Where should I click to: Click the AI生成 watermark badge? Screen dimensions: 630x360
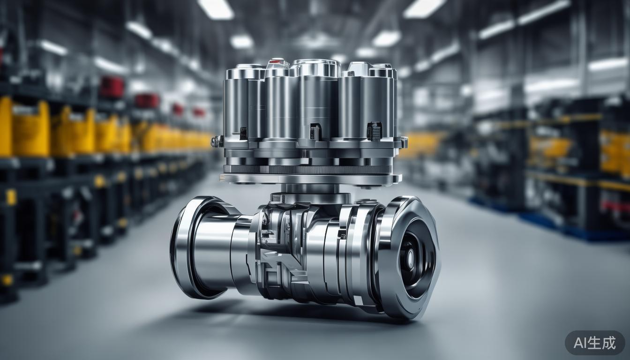[x=594, y=343]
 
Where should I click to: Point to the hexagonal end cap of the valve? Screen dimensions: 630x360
[x=408, y=258]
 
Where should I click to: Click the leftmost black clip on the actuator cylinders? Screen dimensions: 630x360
[x=244, y=133]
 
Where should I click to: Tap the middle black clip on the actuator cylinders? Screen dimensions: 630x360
[x=315, y=131]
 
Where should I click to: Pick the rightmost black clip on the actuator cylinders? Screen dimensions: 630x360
[x=375, y=130]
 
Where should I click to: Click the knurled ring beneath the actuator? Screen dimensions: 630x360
[x=308, y=170]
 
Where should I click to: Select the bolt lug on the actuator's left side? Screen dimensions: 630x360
[x=216, y=142]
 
